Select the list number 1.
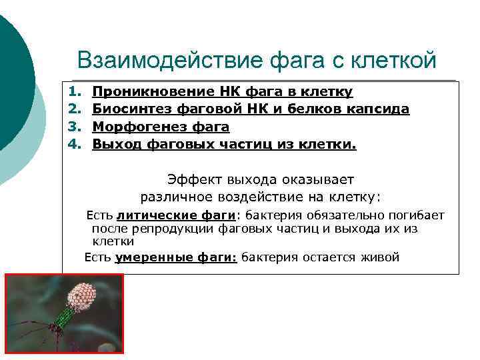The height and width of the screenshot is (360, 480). click(73, 91)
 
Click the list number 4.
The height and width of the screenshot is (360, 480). click(73, 143)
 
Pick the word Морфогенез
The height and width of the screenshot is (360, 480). click(133, 126)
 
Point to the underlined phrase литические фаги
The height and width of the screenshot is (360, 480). click(176, 215)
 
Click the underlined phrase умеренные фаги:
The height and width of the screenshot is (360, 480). click(176, 257)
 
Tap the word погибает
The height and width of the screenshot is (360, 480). click(413, 215)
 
